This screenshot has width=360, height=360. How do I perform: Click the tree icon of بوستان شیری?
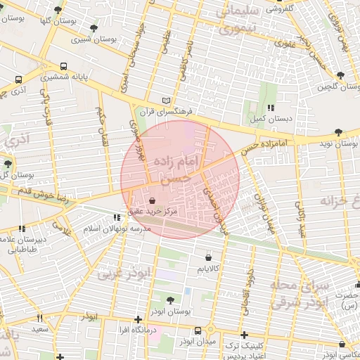click(x=94, y=28)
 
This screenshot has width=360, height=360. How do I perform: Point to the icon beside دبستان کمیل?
click(x=270, y=108)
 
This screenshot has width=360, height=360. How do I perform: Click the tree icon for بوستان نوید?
click(x=339, y=132)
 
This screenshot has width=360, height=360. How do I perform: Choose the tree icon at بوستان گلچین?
click(x=340, y=75)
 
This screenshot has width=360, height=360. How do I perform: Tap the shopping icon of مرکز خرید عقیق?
click(x=153, y=200)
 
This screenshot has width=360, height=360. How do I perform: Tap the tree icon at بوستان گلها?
click(x=57, y=9)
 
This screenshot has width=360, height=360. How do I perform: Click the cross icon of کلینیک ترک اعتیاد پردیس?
click(x=244, y=335)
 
